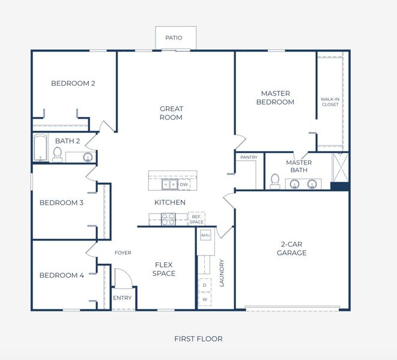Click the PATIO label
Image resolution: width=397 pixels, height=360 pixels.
(174, 38)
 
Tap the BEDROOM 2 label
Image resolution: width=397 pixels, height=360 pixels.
(73, 83)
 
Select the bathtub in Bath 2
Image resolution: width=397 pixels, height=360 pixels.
(41, 148)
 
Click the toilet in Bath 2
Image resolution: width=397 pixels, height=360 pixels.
(58, 154)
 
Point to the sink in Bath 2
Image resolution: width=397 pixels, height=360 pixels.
(88, 158)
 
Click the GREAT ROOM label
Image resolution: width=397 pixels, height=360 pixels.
(171, 113)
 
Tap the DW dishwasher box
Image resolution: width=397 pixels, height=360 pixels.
(184, 184)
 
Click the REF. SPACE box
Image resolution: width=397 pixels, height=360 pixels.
(196, 219)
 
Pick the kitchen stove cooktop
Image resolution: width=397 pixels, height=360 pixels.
(168, 219)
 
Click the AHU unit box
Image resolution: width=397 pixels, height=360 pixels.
(205, 235)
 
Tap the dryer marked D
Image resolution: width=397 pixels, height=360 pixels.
(205, 285)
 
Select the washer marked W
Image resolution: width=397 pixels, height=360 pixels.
(205, 299)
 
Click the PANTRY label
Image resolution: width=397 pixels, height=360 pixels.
(249, 157)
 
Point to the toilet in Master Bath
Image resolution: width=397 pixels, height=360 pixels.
(274, 180)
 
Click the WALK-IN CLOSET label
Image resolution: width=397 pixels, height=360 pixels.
(329, 101)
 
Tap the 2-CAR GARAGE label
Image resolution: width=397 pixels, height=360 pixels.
(292, 248)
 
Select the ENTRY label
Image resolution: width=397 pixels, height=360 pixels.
(122, 298)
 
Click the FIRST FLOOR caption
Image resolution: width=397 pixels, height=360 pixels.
(198, 339)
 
